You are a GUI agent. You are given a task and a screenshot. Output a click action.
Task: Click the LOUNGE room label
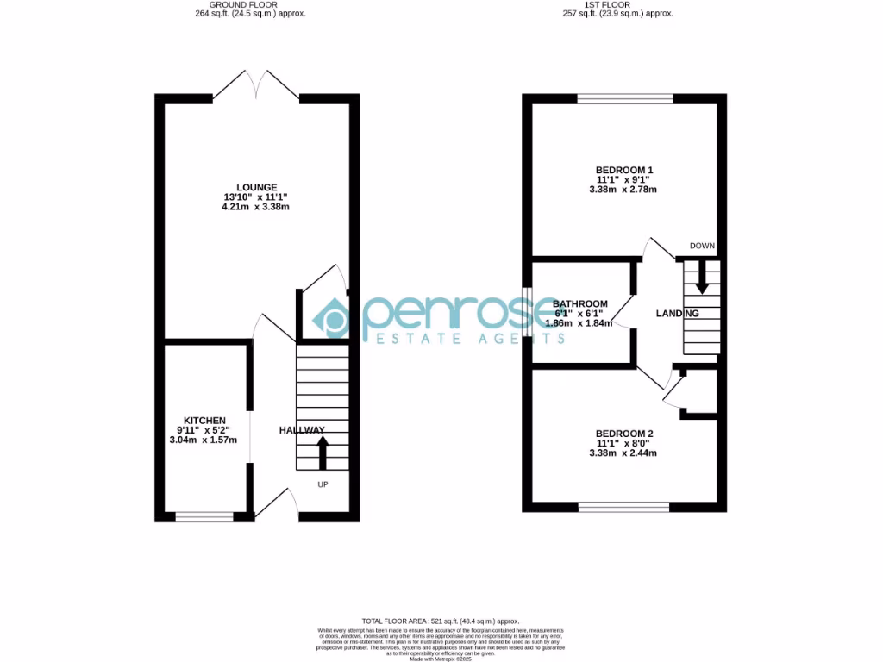pyautogui.click(x=257, y=187)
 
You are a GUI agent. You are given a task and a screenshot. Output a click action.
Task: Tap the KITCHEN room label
pyautogui.click(x=204, y=421)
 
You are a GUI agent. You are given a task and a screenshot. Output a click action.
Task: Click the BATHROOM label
pyautogui.click(x=580, y=304)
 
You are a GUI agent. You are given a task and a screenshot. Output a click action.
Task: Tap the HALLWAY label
pyautogui.click(x=302, y=430)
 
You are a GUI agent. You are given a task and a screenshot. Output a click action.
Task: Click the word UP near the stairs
pyautogui.click(x=323, y=484)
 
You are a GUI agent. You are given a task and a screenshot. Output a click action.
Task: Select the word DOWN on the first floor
pyautogui.click(x=702, y=246)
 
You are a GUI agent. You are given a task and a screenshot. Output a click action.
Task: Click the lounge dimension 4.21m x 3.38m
pyautogui.click(x=257, y=207)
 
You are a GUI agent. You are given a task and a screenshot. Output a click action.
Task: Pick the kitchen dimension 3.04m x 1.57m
pyautogui.click(x=204, y=440)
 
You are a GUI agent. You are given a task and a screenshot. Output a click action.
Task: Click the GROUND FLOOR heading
pyautogui.click(x=250, y=5)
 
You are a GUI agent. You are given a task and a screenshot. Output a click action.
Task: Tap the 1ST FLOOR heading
pyautogui.click(x=617, y=5)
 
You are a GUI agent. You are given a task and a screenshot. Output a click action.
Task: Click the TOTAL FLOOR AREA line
pyautogui.click(x=441, y=621)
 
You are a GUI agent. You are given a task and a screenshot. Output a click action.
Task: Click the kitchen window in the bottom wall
pyautogui.click(x=204, y=517)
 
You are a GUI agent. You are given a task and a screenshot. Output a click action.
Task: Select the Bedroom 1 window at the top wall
pyautogui.click(x=625, y=98)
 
